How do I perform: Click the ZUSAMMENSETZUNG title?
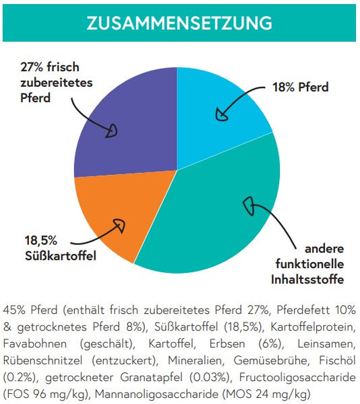point(179,23)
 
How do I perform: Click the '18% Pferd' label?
point(301,87)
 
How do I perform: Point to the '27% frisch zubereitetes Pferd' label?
point(56,82)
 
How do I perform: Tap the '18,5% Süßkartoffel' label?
point(61,248)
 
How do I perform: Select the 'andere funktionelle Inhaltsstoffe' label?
point(307,264)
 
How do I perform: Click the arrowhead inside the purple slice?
point(112,131)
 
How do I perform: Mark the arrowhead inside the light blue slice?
point(221,114)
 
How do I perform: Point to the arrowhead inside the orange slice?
point(120,225)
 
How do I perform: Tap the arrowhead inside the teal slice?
point(249,206)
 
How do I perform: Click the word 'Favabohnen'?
point(35,343)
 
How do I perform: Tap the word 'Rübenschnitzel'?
point(42,360)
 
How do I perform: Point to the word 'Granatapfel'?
point(152,378)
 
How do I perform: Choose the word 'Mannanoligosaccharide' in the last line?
point(157,394)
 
